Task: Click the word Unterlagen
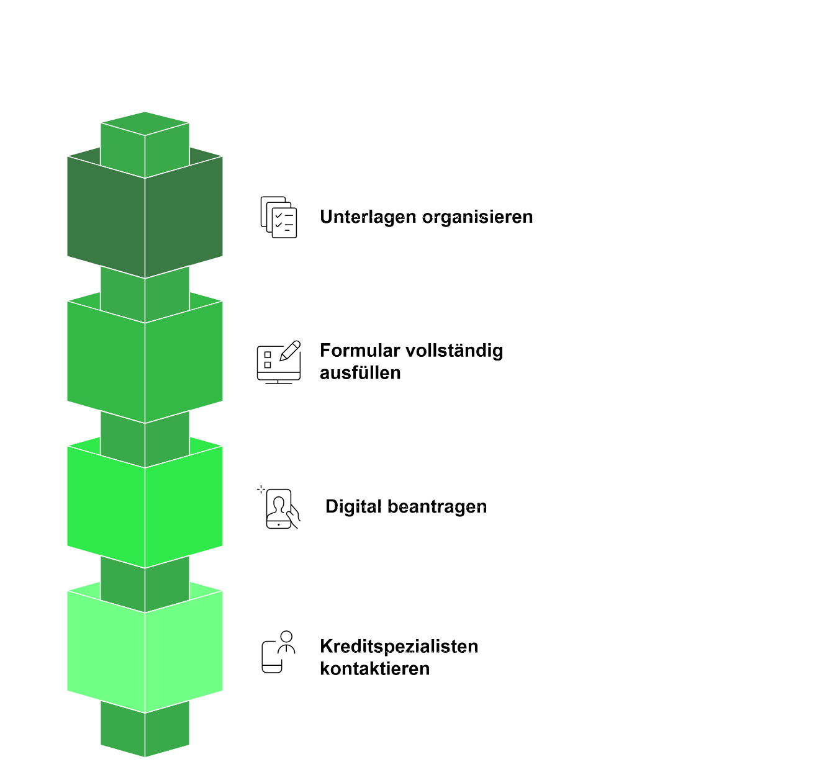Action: point(368,217)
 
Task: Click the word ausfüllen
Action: point(360,373)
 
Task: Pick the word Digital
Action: point(353,506)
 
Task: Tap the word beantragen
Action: point(437,507)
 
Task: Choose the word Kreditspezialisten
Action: point(399,646)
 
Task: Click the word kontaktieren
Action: point(375,669)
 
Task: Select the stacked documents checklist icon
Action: point(279,217)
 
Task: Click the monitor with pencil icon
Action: point(279,362)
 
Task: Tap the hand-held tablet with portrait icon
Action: point(279,508)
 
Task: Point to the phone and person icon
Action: point(278,652)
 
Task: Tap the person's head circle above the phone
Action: point(286,637)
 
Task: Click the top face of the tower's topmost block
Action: point(145,123)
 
